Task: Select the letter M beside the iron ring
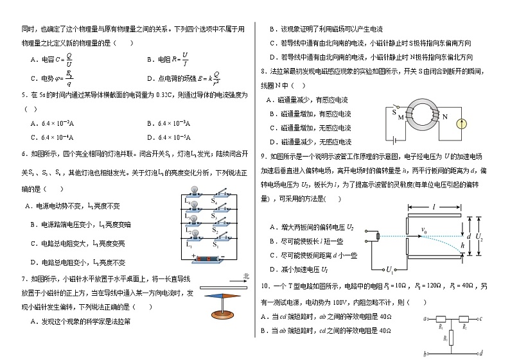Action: point(401,117)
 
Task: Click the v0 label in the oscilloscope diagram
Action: point(424,230)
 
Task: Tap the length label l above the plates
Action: point(434,208)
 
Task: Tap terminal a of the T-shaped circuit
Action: point(425,318)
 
